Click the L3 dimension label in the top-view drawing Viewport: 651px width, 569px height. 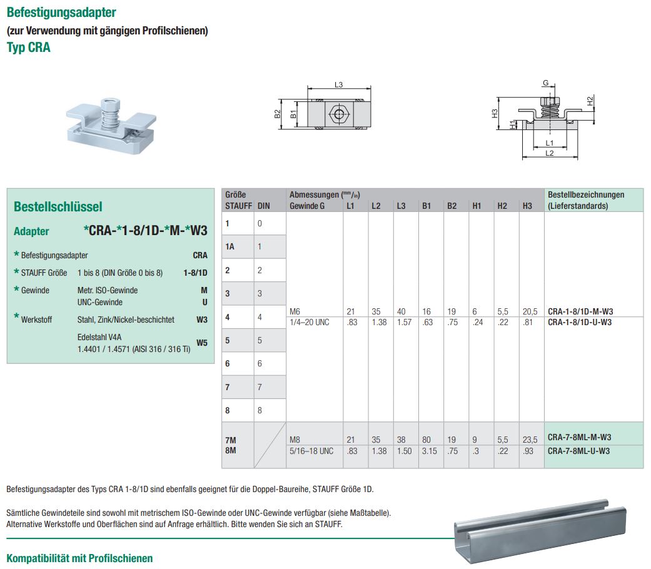(338, 85)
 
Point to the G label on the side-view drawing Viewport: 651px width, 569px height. (545, 83)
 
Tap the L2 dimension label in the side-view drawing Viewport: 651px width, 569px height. (549, 153)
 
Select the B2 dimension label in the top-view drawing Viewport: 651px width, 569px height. (278, 114)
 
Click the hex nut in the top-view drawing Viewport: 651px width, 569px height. (338, 114)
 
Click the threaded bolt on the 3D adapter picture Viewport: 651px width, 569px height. (110, 113)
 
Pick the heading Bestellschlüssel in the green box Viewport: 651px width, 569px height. (58, 206)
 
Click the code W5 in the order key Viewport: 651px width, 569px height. (201, 343)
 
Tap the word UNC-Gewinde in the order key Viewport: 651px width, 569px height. (99, 302)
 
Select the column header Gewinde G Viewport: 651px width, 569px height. (307, 206)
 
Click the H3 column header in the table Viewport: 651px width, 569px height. (527, 206)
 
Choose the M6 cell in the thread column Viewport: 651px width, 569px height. (295, 311)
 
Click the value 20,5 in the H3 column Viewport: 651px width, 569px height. (529, 311)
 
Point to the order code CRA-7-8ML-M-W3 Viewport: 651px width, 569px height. (579, 437)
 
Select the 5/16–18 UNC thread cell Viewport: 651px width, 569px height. (311, 451)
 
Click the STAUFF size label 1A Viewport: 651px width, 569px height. (230, 246)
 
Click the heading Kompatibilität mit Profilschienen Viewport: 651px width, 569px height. (79, 558)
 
